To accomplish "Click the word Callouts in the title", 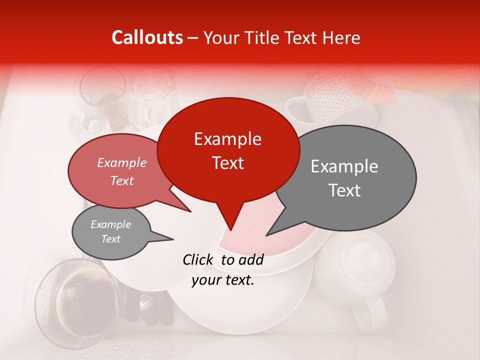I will click(x=147, y=38).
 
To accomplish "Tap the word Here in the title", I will click(x=341, y=38).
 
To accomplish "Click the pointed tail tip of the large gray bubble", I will click(x=266, y=235).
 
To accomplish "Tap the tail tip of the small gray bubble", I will click(x=173, y=239).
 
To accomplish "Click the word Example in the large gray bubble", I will click(x=344, y=166).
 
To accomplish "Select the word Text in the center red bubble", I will click(x=228, y=163).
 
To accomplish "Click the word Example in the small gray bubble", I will click(x=110, y=224).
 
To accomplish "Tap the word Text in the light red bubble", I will click(x=121, y=180).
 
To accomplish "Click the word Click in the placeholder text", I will click(x=199, y=259).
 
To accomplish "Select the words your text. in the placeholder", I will click(x=223, y=280).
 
